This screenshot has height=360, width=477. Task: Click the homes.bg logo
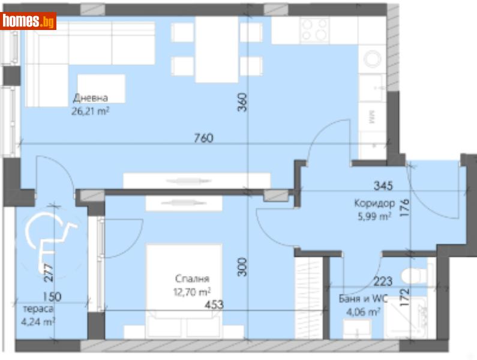(29, 21)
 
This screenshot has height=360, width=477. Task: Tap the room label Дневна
(91, 99)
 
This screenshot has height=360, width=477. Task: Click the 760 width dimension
(204, 138)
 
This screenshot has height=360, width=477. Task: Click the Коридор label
(374, 203)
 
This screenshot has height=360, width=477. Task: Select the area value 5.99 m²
(372, 216)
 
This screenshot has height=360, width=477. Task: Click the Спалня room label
(192, 279)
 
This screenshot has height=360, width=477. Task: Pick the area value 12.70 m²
(192, 292)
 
